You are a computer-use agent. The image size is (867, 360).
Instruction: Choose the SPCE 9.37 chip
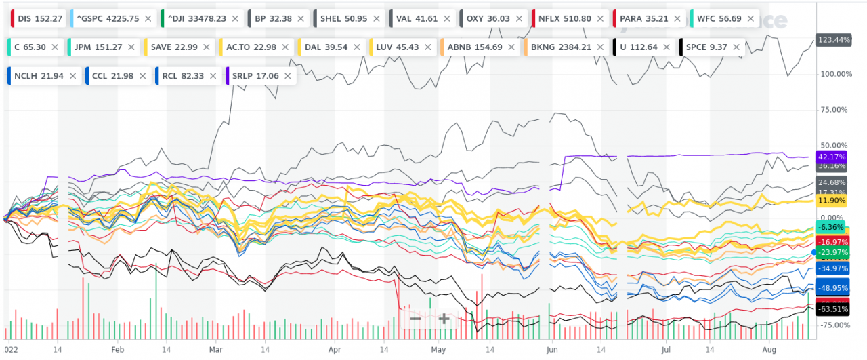point(709,47)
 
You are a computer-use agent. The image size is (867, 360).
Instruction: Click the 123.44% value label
point(833,40)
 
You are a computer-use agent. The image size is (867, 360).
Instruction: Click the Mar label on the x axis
point(216,349)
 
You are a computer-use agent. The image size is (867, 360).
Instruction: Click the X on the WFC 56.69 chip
point(750,18)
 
